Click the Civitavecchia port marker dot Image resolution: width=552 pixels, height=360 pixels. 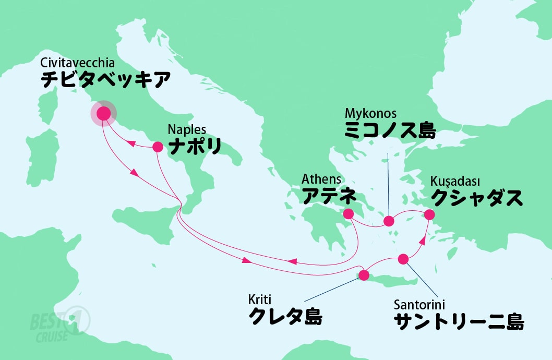[x=103, y=113]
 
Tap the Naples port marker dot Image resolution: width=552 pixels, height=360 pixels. [x=158, y=147]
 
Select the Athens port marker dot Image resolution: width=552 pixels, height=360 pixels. [x=348, y=213]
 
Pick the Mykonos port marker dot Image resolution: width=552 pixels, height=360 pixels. [x=389, y=221]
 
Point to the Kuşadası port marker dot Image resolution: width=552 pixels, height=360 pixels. [x=429, y=214]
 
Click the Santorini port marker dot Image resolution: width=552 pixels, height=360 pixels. [x=403, y=259]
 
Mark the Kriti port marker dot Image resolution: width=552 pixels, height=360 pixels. [x=364, y=275]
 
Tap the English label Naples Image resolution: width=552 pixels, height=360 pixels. [x=187, y=129]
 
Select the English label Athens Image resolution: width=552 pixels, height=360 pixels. [x=321, y=179]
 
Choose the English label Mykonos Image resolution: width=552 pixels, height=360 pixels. [x=371, y=113]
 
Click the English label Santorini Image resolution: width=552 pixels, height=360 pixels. [x=419, y=304]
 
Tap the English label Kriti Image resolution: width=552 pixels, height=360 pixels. [x=259, y=300]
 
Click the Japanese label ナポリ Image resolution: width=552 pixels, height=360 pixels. [x=194, y=146]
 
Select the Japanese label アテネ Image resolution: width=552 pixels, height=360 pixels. [x=329, y=196]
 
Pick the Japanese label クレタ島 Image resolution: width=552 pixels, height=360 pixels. [x=285, y=317]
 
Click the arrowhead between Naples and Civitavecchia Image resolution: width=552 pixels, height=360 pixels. [x=133, y=142]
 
